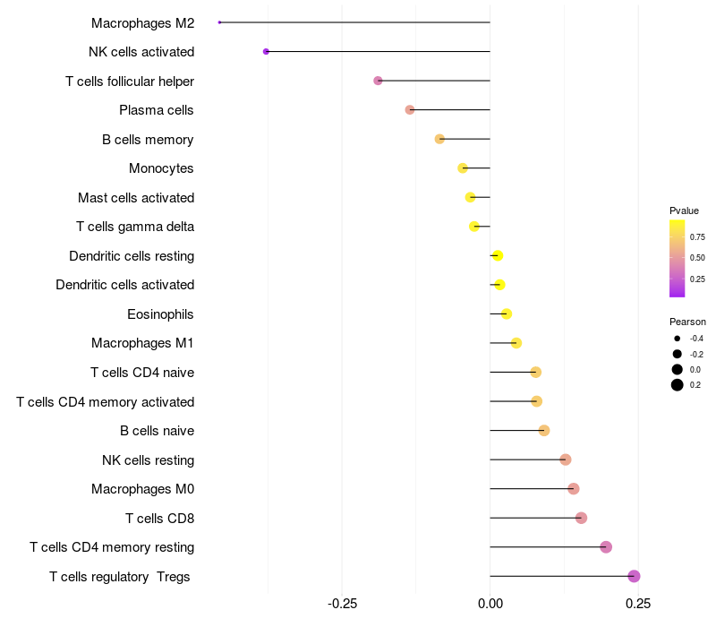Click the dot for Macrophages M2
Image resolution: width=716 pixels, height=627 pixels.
(219, 22)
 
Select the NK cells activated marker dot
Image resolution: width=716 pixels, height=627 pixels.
(266, 52)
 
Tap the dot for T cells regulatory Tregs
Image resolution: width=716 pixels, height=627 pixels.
(634, 577)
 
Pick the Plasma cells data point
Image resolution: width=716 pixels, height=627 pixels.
(410, 110)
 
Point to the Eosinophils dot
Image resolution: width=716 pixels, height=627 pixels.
(507, 314)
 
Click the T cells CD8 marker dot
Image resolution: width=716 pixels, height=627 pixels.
(581, 518)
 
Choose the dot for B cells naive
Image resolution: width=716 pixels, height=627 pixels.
(544, 431)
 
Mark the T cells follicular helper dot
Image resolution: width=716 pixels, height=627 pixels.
(378, 81)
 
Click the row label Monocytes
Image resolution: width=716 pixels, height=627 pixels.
(161, 168)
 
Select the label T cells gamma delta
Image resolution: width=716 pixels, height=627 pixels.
(135, 227)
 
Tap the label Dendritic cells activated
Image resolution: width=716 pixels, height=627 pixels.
(124, 285)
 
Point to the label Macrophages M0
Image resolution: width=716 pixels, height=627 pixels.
(142, 489)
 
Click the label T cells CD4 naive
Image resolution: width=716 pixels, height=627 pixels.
(142, 373)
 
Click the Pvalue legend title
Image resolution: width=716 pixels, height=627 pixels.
(684, 210)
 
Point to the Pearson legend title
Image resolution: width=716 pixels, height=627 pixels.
(687, 322)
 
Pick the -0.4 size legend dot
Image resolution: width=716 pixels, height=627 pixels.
(678, 339)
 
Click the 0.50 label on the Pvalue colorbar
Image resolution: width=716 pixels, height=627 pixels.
(697, 258)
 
